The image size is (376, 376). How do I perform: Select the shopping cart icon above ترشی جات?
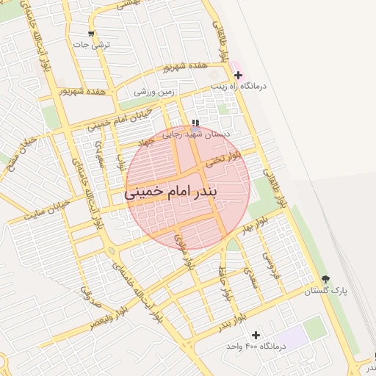(91, 34)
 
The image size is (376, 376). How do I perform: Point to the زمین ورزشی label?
(154, 92)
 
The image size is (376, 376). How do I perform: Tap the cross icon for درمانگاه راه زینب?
(238, 75)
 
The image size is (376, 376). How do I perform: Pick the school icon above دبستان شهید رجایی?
(195, 123)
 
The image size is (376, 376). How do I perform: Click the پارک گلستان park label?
(328, 291)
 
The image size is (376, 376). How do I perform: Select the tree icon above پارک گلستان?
(325, 279)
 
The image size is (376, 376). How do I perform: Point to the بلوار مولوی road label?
(183, 251)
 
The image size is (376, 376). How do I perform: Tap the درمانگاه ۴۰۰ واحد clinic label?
(250, 345)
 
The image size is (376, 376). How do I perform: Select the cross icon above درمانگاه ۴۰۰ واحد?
(256, 335)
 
